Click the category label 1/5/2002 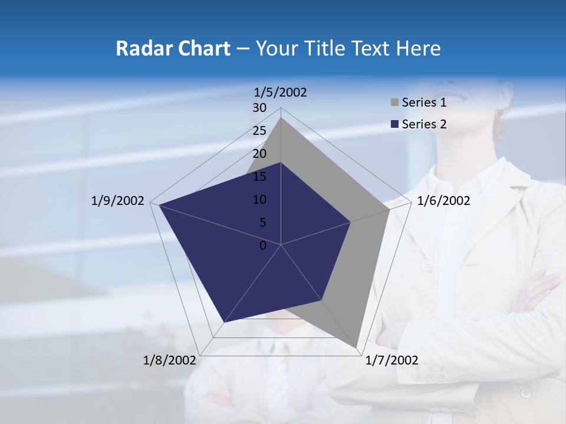281,92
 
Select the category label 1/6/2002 443,201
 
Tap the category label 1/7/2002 391,360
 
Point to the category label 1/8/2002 170,360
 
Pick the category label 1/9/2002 118,201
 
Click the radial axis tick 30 259,108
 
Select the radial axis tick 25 259,131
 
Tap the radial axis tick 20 259,154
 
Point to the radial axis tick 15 259,177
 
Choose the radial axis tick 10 259,200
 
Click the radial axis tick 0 263,246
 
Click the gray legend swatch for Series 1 394,102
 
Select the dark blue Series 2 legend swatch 394,124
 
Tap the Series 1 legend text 424,102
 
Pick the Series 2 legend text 424,124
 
